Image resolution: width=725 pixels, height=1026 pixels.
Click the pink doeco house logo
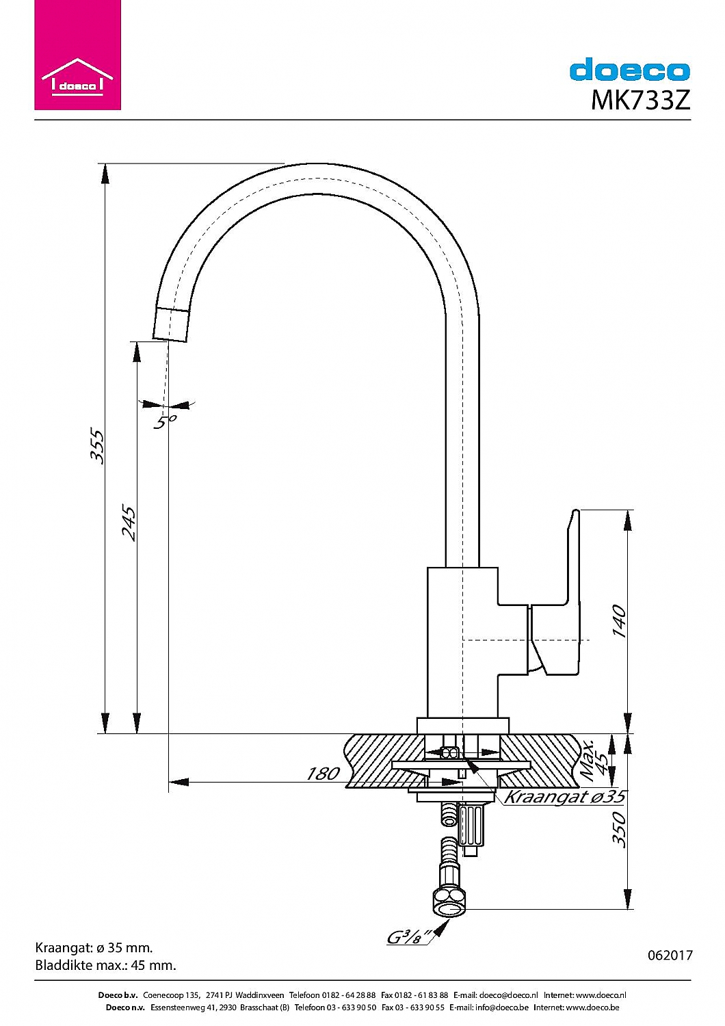pos(77,55)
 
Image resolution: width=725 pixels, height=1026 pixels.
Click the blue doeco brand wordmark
pos(629,70)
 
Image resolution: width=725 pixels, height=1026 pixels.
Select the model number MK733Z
pos(640,101)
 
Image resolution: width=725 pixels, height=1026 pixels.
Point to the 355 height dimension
pos(98,446)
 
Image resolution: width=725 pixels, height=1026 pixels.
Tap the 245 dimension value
pos(129,523)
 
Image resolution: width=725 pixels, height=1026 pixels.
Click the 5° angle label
pos(164,422)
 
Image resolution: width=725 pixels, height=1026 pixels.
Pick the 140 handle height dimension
pos(619,620)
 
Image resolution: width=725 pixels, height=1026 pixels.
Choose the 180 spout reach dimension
pos(322,774)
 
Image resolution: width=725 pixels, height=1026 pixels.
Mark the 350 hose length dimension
pos(618,829)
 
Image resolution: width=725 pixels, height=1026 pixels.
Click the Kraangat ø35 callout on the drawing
pos(564,797)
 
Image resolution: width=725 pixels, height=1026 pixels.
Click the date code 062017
pos(670,956)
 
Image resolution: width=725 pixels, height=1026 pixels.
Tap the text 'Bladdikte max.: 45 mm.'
pos(105,965)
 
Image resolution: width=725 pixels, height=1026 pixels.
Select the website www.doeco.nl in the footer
pos(601,995)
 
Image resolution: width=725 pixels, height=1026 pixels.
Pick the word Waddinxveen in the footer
pos(259,995)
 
